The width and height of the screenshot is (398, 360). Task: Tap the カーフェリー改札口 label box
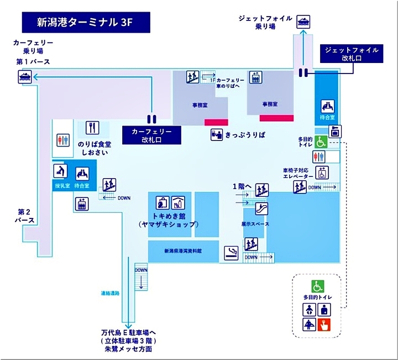(151, 136)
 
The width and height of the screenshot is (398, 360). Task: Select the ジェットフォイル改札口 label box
(352, 54)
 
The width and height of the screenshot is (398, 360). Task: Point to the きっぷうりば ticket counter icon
(216, 134)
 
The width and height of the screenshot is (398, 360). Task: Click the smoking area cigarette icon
(231, 253)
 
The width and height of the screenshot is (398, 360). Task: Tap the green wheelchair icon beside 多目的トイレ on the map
(321, 142)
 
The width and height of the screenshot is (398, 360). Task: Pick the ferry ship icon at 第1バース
(24, 77)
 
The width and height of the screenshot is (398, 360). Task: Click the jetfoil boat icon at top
(302, 22)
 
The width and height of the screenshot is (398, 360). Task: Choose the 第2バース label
(26, 216)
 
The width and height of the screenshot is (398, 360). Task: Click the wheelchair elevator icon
(321, 173)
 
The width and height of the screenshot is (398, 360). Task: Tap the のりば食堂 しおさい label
(95, 148)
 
